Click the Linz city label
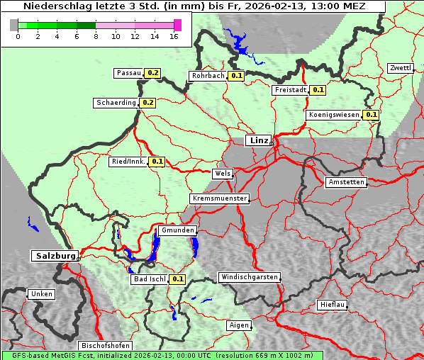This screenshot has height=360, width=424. pyautogui.click(x=258, y=140)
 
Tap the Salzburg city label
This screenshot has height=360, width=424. pyautogui.click(x=54, y=255)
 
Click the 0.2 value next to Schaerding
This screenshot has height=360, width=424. pyautogui.click(x=147, y=103)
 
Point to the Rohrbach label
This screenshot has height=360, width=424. pyautogui.click(x=208, y=76)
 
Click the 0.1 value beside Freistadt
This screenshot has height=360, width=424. pyautogui.click(x=318, y=90)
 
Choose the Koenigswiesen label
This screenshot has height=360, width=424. pyautogui.click(x=334, y=115)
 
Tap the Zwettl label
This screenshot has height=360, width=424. pyautogui.click(x=400, y=68)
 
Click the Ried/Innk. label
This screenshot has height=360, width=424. pyautogui.click(x=128, y=162)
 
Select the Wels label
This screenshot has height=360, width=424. pyautogui.click(x=222, y=174)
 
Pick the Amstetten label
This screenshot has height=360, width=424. pyautogui.click(x=346, y=182)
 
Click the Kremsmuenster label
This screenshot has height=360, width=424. pyautogui.click(x=219, y=198)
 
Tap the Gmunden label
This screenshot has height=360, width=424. pyautogui.click(x=177, y=230)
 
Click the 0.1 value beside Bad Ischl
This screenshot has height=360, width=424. pyautogui.click(x=177, y=279)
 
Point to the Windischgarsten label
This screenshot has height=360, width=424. pyautogui.click(x=248, y=277)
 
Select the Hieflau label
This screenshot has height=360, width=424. pyautogui.click(x=333, y=305)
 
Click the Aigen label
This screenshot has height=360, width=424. pyautogui.click(x=239, y=325)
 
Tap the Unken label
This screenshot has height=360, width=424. pyautogui.click(x=41, y=293)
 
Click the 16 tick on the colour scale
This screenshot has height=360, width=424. pyautogui.click(x=174, y=36)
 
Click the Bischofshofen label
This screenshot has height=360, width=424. pyautogui.click(x=105, y=345)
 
